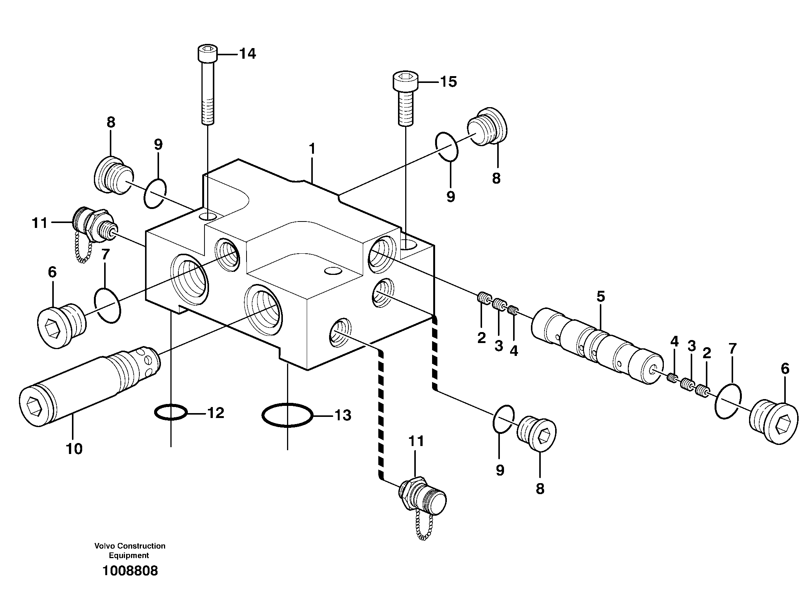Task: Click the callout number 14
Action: [x=247, y=54]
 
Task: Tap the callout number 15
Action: [x=448, y=81]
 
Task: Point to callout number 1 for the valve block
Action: [x=312, y=149]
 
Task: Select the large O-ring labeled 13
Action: [x=287, y=415]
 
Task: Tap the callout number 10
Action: [x=74, y=449]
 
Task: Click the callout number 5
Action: [x=601, y=296]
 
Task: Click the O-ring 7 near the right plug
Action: [x=728, y=401]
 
